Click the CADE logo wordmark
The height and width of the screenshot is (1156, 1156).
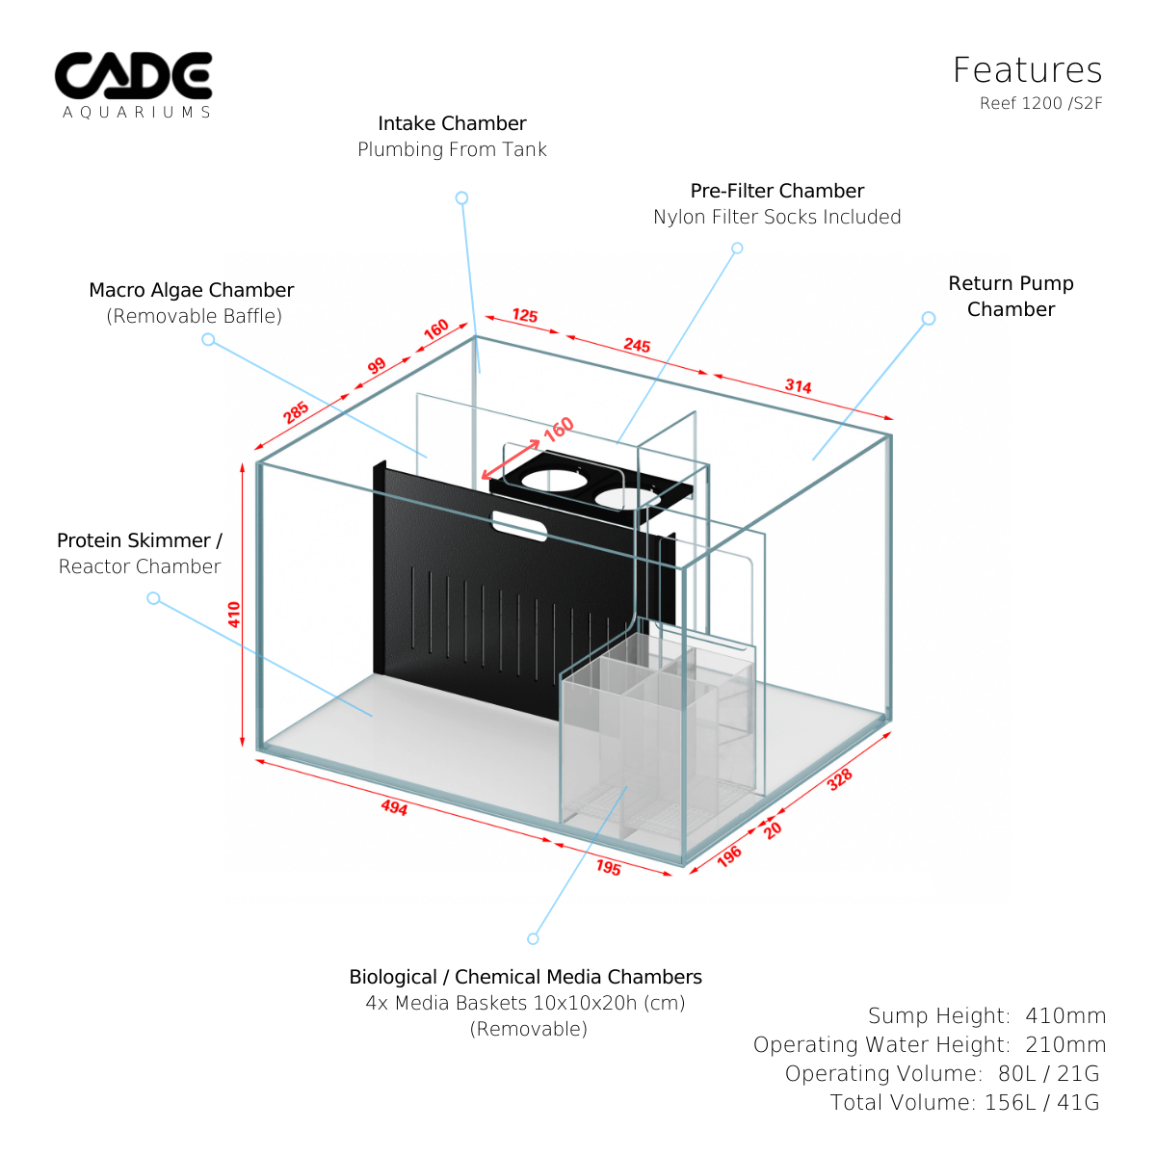(x=133, y=76)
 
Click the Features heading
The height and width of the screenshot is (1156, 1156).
(x=1027, y=70)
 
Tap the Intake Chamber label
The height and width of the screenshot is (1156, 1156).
(x=452, y=123)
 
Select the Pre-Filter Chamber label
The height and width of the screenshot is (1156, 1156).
(x=776, y=191)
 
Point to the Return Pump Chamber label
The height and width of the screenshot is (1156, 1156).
(x=1011, y=296)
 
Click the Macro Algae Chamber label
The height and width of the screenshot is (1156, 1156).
(x=191, y=290)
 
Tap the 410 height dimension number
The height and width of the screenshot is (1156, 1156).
(x=234, y=614)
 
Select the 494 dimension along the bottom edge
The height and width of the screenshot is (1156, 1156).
(x=394, y=807)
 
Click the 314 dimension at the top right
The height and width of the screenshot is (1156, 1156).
(x=798, y=386)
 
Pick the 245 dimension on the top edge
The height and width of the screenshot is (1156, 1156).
(x=637, y=345)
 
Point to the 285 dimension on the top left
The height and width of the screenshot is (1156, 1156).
(x=296, y=411)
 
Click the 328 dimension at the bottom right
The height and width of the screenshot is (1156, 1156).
(x=840, y=779)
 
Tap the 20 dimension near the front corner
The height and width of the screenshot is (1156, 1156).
(x=773, y=829)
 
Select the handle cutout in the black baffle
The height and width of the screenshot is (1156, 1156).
(x=520, y=525)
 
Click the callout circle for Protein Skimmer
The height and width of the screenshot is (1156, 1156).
(x=153, y=598)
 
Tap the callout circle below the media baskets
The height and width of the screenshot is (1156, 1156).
(x=533, y=938)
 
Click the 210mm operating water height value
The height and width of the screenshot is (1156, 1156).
(x=1065, y=1044)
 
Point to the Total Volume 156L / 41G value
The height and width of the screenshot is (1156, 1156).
(x=1041, y=1102)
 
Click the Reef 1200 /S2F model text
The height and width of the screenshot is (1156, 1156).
(x=1040, y=103)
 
